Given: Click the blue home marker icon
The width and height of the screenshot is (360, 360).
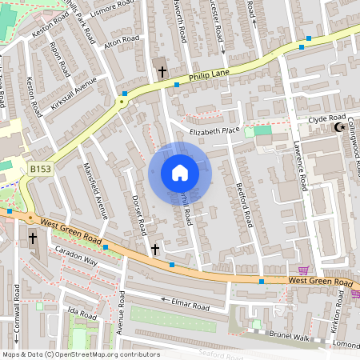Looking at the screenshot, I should click(x=180, y=173).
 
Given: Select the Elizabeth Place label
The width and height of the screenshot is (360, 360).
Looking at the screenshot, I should click(x=214, y=130).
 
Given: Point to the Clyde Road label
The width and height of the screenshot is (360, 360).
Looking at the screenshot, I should click(x=326, y=119).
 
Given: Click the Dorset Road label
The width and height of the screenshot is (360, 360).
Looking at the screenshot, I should click(x=138, y=214).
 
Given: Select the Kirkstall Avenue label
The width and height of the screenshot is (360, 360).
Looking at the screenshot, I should click(x=74, y=93).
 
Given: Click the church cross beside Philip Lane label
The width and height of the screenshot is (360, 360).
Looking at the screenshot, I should click(x=162, y=71).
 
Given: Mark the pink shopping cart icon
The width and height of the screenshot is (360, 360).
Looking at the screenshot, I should click(x=303, y=270).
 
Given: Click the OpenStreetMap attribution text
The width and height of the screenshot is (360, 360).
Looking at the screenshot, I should click(x=81, y=354).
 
